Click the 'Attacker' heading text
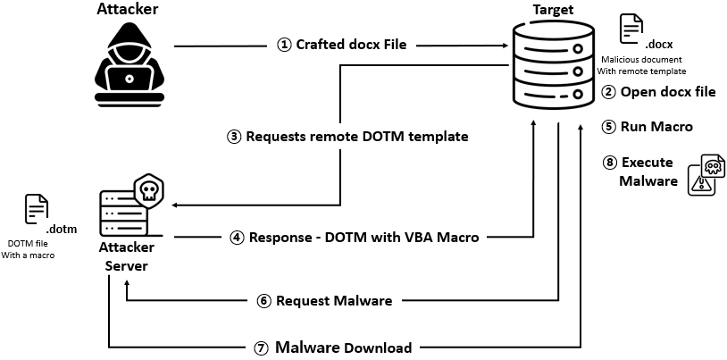(x=127, y=10)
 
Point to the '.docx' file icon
(x=632, y=28)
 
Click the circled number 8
(x=611, y=162)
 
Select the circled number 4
(x=238, y=238)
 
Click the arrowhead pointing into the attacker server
(x=174, y=205)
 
